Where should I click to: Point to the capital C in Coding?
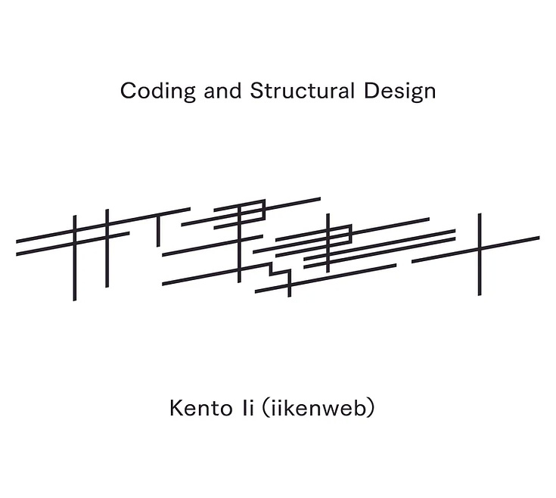(127, 92)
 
